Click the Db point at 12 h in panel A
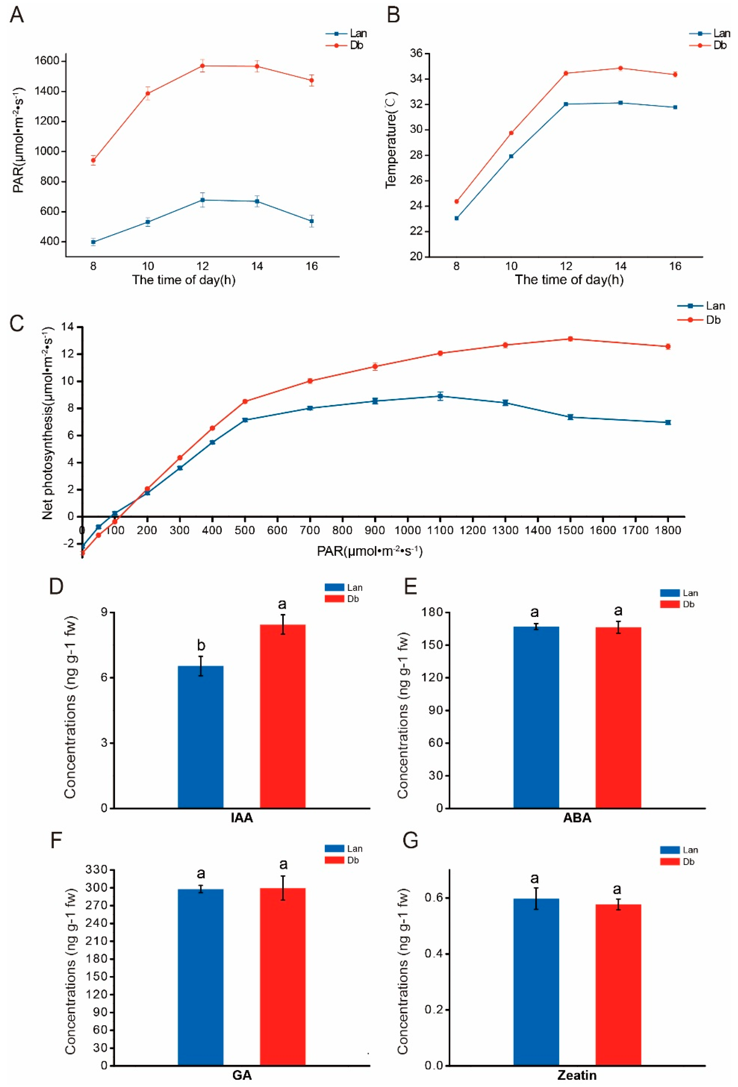coord(202,66)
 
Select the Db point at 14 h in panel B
coord(620,68)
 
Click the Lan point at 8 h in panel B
coord(456,218)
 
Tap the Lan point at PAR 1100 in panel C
coord(440,396)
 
